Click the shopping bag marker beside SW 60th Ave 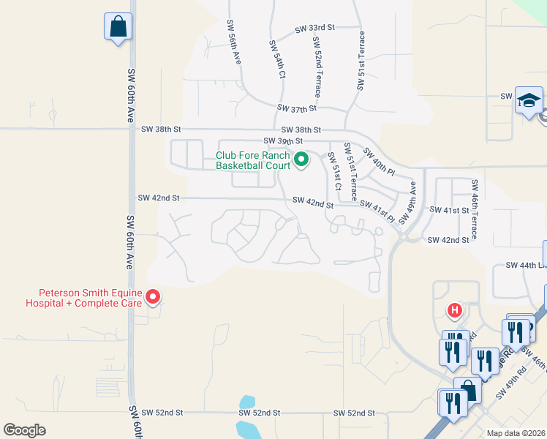(118, 28)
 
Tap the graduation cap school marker (529, 101)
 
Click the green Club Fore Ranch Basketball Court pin (301, 159)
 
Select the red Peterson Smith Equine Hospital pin (153, 297)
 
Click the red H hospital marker (455, 310)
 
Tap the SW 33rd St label (314, 28)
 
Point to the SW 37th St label (296, 108)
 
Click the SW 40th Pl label (379, 163)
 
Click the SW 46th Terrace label (475, 210)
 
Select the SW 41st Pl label (377, 211)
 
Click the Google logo (25, 430)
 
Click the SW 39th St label (283, 141)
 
